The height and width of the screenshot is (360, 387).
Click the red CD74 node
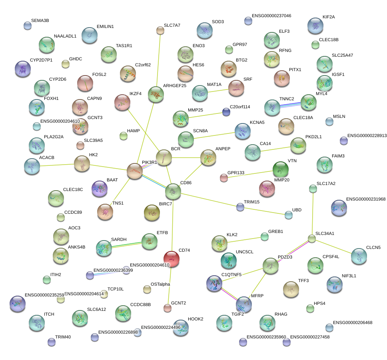pyautogui.click(x=172, y=259)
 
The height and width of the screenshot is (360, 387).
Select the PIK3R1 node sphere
pyautogui.click(x=135, y=171)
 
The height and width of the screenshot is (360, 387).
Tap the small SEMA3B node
pyautogui.click(x=28, y=26)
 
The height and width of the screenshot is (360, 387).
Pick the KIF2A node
pyautogui.click(x=315, y=26)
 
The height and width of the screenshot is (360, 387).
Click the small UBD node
pyautogui.click(x=288, y=215)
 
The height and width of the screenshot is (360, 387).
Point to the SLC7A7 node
pyautogui.click(x=160, y=30)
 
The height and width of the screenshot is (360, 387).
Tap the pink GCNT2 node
pyautogui.click(x=168, y=308)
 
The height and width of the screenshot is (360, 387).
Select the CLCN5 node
pyautogui.click(x=359, y=256)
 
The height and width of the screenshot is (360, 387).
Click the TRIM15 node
pyautogui.click(x=240, y=207)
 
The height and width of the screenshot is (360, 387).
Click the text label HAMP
pyautogui.click(x=133, y=131)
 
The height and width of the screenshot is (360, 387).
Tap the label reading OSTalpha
pyautogui.click(x=160, y=284)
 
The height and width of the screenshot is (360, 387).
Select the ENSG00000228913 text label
pyautogui.click(x=367, y=135)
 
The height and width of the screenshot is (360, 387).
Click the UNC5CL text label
pyautogui.click(x=245, y=252)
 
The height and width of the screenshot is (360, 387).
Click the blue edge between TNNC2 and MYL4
pyautogui.click(x=290, y=105)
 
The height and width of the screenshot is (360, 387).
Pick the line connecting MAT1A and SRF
pyautogui.click(x=218, y=90)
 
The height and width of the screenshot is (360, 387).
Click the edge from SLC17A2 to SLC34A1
pyautogui.click(x=313, y=214)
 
